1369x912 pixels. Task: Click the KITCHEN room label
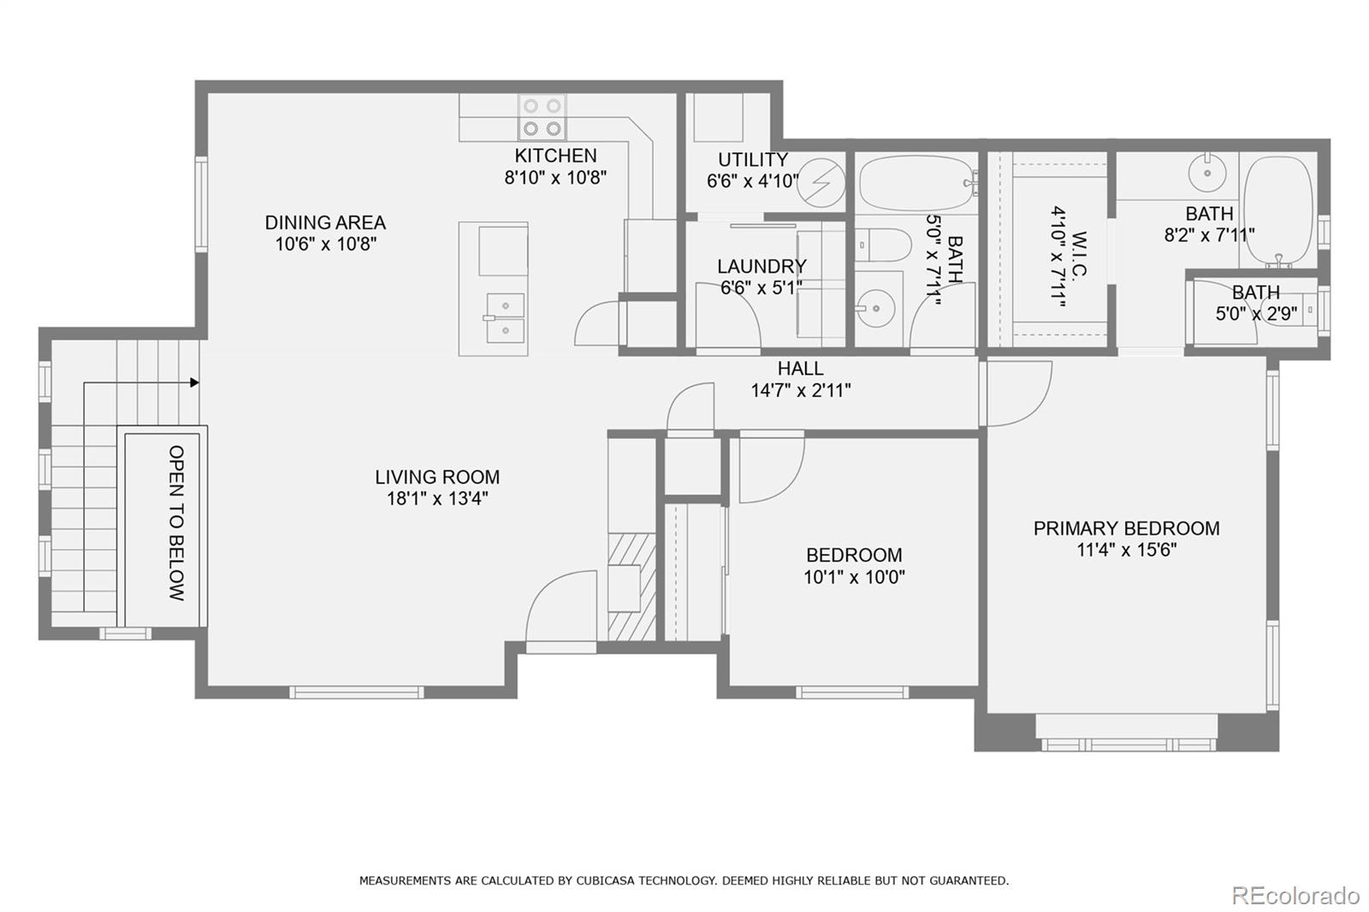coord(555,156)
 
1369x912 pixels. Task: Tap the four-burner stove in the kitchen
coord(542,117)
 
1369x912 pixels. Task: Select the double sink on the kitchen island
coord(504,317)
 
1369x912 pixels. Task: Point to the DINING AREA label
coord(325,222)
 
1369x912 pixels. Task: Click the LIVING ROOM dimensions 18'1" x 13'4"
coord(437,499)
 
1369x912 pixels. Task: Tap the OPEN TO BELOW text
coord(176,523)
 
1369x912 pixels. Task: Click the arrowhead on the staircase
coord(195,382)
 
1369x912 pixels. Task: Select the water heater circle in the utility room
coord(821,182)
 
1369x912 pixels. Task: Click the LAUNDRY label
coord(762,266)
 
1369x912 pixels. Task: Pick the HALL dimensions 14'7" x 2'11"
coord(801,391)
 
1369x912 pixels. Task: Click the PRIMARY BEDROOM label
coord(1126,528)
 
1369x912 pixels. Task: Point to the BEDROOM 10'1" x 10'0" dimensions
coord(854,577)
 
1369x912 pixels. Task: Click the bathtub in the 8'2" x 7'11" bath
coord(1277,210)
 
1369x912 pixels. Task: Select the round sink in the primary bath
coord(1208,173)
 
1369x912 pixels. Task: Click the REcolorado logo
coord(1295,895)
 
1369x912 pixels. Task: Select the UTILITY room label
coord(752,160)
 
